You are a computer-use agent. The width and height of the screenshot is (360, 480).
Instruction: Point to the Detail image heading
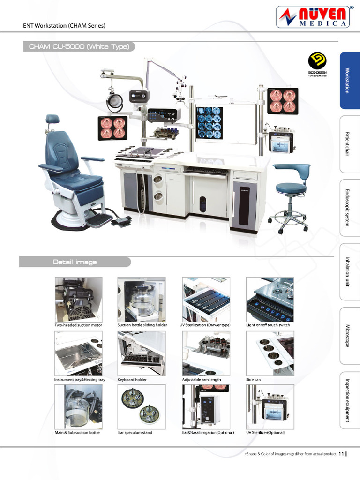pos(75,262)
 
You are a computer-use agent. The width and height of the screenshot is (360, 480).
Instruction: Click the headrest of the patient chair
pos(52,119)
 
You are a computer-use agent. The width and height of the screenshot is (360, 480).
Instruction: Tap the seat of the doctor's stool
pos(291,187)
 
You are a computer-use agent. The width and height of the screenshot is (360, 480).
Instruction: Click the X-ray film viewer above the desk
pos(209,123)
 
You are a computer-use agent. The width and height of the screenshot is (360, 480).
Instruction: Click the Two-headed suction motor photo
pos(78,299)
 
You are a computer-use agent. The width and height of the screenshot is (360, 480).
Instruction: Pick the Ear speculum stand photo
pos(141,406)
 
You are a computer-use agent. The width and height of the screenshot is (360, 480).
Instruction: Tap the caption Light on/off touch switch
pos(268,325)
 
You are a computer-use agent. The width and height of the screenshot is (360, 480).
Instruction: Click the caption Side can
pos(254,379)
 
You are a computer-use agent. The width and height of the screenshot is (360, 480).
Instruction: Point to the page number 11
pos(341,454)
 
